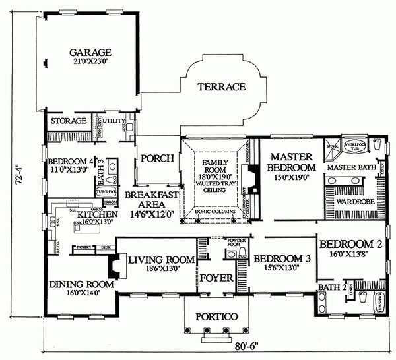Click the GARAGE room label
pyautogui.click(x=91, y=53)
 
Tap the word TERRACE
pyautogui.click(x=221, y=86)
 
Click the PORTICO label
pyautogui.click(x=212, y=317)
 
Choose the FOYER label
pyautogui.click(x=217, y=278)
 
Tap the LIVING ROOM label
pyautogui.click(x=156, y=260)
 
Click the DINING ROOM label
pyautogui.click(x=81, y=284)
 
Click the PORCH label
pyautogui.click(x=157, y=158)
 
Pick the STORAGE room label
pyautogui.click(x=69, y=122)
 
